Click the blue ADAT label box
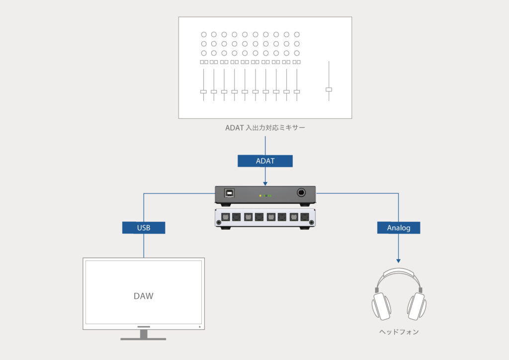click(265, 161)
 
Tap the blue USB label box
click(144, 228)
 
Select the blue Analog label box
click(399, 228)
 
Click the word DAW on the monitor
click(144, 296)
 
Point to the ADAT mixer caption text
click(265, 128)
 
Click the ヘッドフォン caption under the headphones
click(399, 332)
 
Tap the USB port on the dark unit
click(229, 192)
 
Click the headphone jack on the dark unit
click(301, 192)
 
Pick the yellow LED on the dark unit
click(260, 196)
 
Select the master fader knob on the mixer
click(329, 90)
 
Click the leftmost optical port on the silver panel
click(225, 217)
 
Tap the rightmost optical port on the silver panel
click(304, 217)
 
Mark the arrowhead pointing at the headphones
click(399, 261)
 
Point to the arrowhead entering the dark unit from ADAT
click(265, 182)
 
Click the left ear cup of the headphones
click(381, 306)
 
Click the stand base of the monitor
click(143, 339)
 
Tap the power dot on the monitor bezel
click(199, 327)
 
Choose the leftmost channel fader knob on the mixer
click(203, 91)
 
